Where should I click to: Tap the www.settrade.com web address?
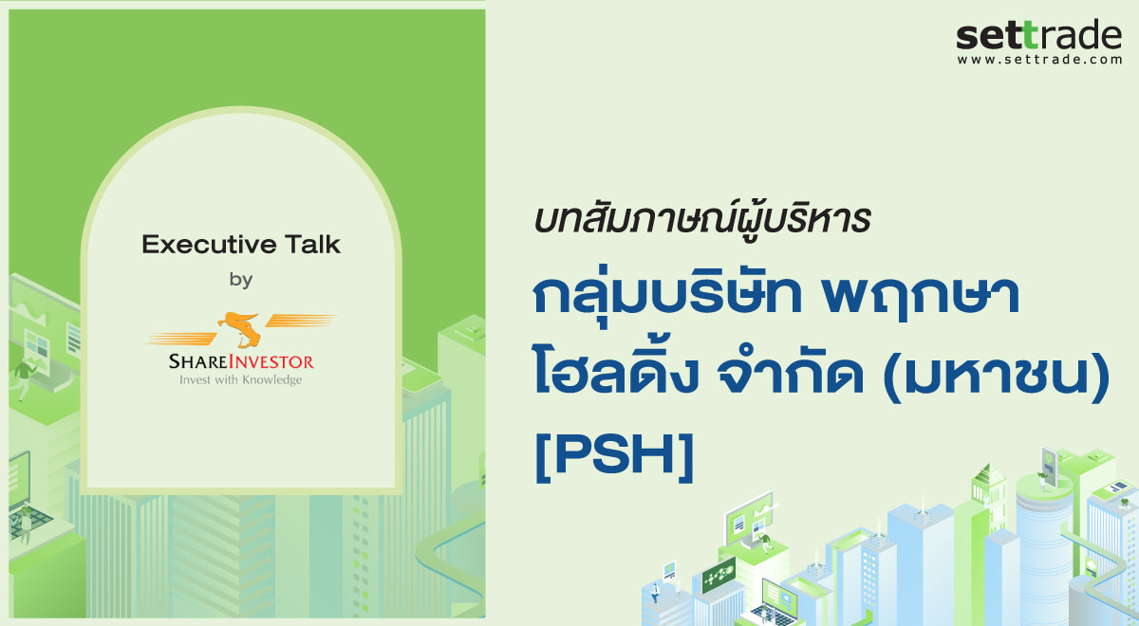click(1038, 60)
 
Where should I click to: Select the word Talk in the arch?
click(306, 245)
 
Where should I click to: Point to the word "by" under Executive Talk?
click(241, 280)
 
